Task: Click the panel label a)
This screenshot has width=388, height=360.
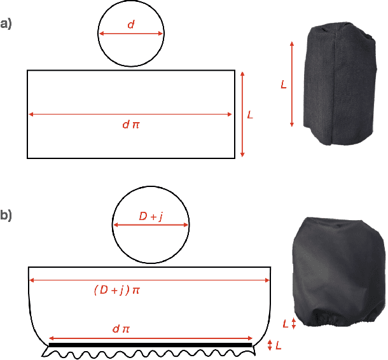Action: (6, 24)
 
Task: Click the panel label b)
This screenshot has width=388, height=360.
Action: (6, 215)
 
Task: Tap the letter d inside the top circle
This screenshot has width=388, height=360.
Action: (131, 25)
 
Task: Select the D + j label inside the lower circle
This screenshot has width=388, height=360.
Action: (151, 216)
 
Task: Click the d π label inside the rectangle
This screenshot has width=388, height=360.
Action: (131, 124)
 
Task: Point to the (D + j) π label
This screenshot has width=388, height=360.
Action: (117, 290)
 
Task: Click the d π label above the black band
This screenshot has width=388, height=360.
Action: (121, 329)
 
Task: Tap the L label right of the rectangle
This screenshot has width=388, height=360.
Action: (250, 114)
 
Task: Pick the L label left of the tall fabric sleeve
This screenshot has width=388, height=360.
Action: (284, 85)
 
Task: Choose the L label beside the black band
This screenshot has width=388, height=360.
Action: (279, 345)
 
